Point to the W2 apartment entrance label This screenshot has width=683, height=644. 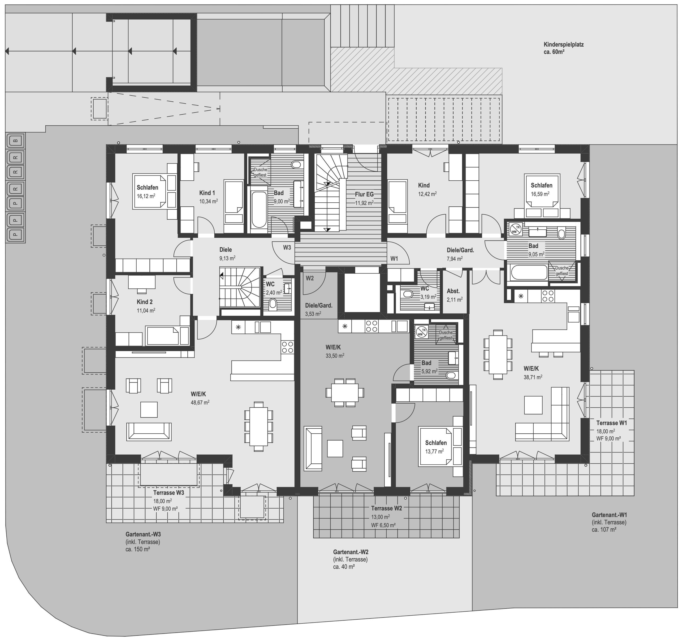(x=310, y=278)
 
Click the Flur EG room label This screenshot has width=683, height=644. (x=364, y=195)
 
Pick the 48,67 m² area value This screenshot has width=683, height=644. (x=200, y=402)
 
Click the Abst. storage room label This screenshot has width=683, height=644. (x=453, y=291)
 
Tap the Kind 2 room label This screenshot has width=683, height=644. (x=145, y=302)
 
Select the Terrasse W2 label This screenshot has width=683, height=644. (x=386, y=508)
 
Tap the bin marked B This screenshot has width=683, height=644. (x=15, y=141)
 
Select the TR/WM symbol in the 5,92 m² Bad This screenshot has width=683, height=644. (x=421, y=332)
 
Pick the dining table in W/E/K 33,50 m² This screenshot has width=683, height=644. (x=344, y=392)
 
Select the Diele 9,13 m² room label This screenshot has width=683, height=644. (x=226, y=250)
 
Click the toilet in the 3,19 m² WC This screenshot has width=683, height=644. (x=408, y=294)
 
